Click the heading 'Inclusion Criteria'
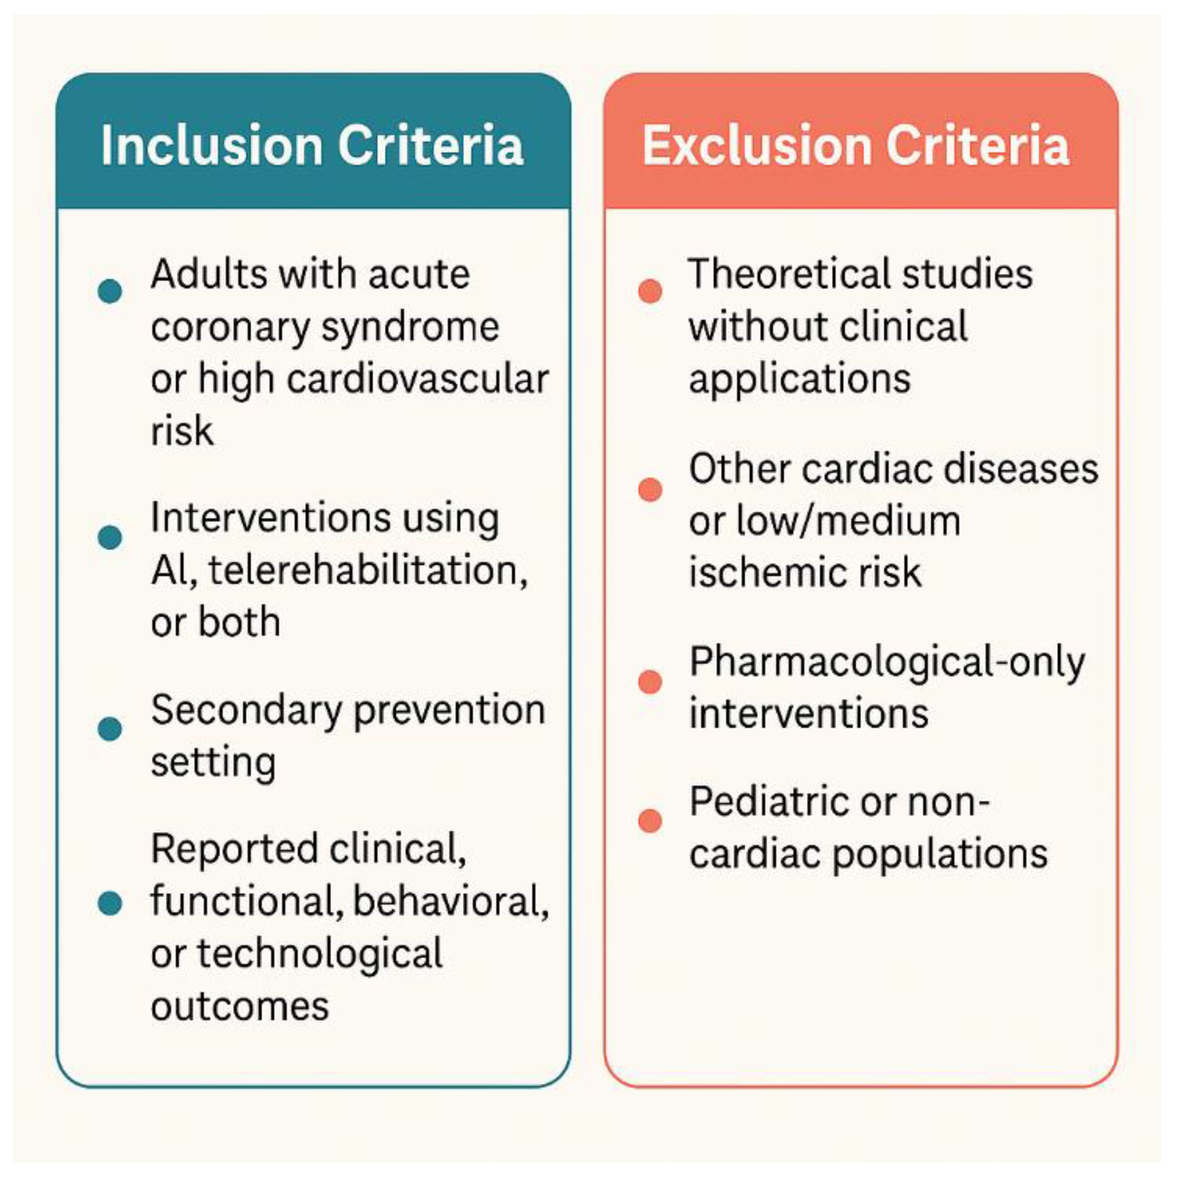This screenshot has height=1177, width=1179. tap(312, 145)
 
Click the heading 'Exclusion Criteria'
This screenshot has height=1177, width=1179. tap(855, 145)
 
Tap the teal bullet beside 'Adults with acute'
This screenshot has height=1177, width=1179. tap(110, 291)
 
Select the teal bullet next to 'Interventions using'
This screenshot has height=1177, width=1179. tap(110, 537)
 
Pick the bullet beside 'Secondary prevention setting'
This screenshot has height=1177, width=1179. tap(110, 729)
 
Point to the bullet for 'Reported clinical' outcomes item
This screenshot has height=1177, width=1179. tap(110, 903)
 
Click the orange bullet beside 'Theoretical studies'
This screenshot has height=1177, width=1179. tap(650, 291)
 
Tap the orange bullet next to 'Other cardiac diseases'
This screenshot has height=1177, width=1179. tap(650, 490)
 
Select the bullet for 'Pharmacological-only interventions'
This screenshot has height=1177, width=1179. tap(650, 682)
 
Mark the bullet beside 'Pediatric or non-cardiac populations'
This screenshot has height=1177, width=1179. tap(650, 821)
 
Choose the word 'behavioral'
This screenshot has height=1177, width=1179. tap(451, 902)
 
